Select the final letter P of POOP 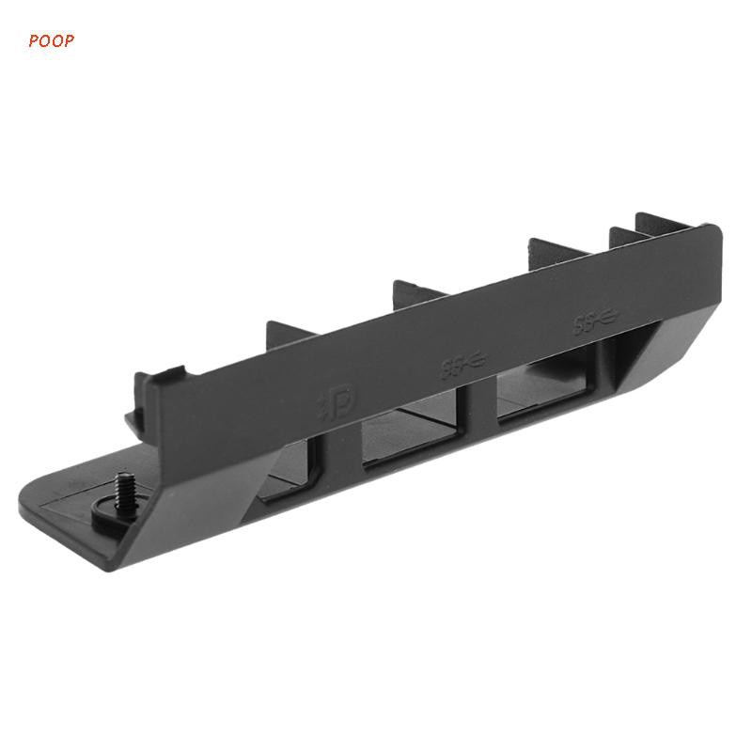[94, 40]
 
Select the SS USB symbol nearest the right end [594, 321]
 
